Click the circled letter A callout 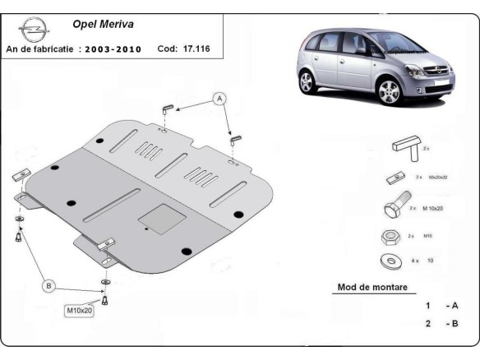tap(219, 99)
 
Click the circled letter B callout tap(48, 286)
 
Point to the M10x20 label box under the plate tap(79, 311)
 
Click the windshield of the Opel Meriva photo tap(386, 44)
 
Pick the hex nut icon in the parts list tap(392, 236)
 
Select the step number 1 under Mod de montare tap(427, 306)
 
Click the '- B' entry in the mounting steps tap(451, 324)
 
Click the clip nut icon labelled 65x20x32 tap(394, 178)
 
